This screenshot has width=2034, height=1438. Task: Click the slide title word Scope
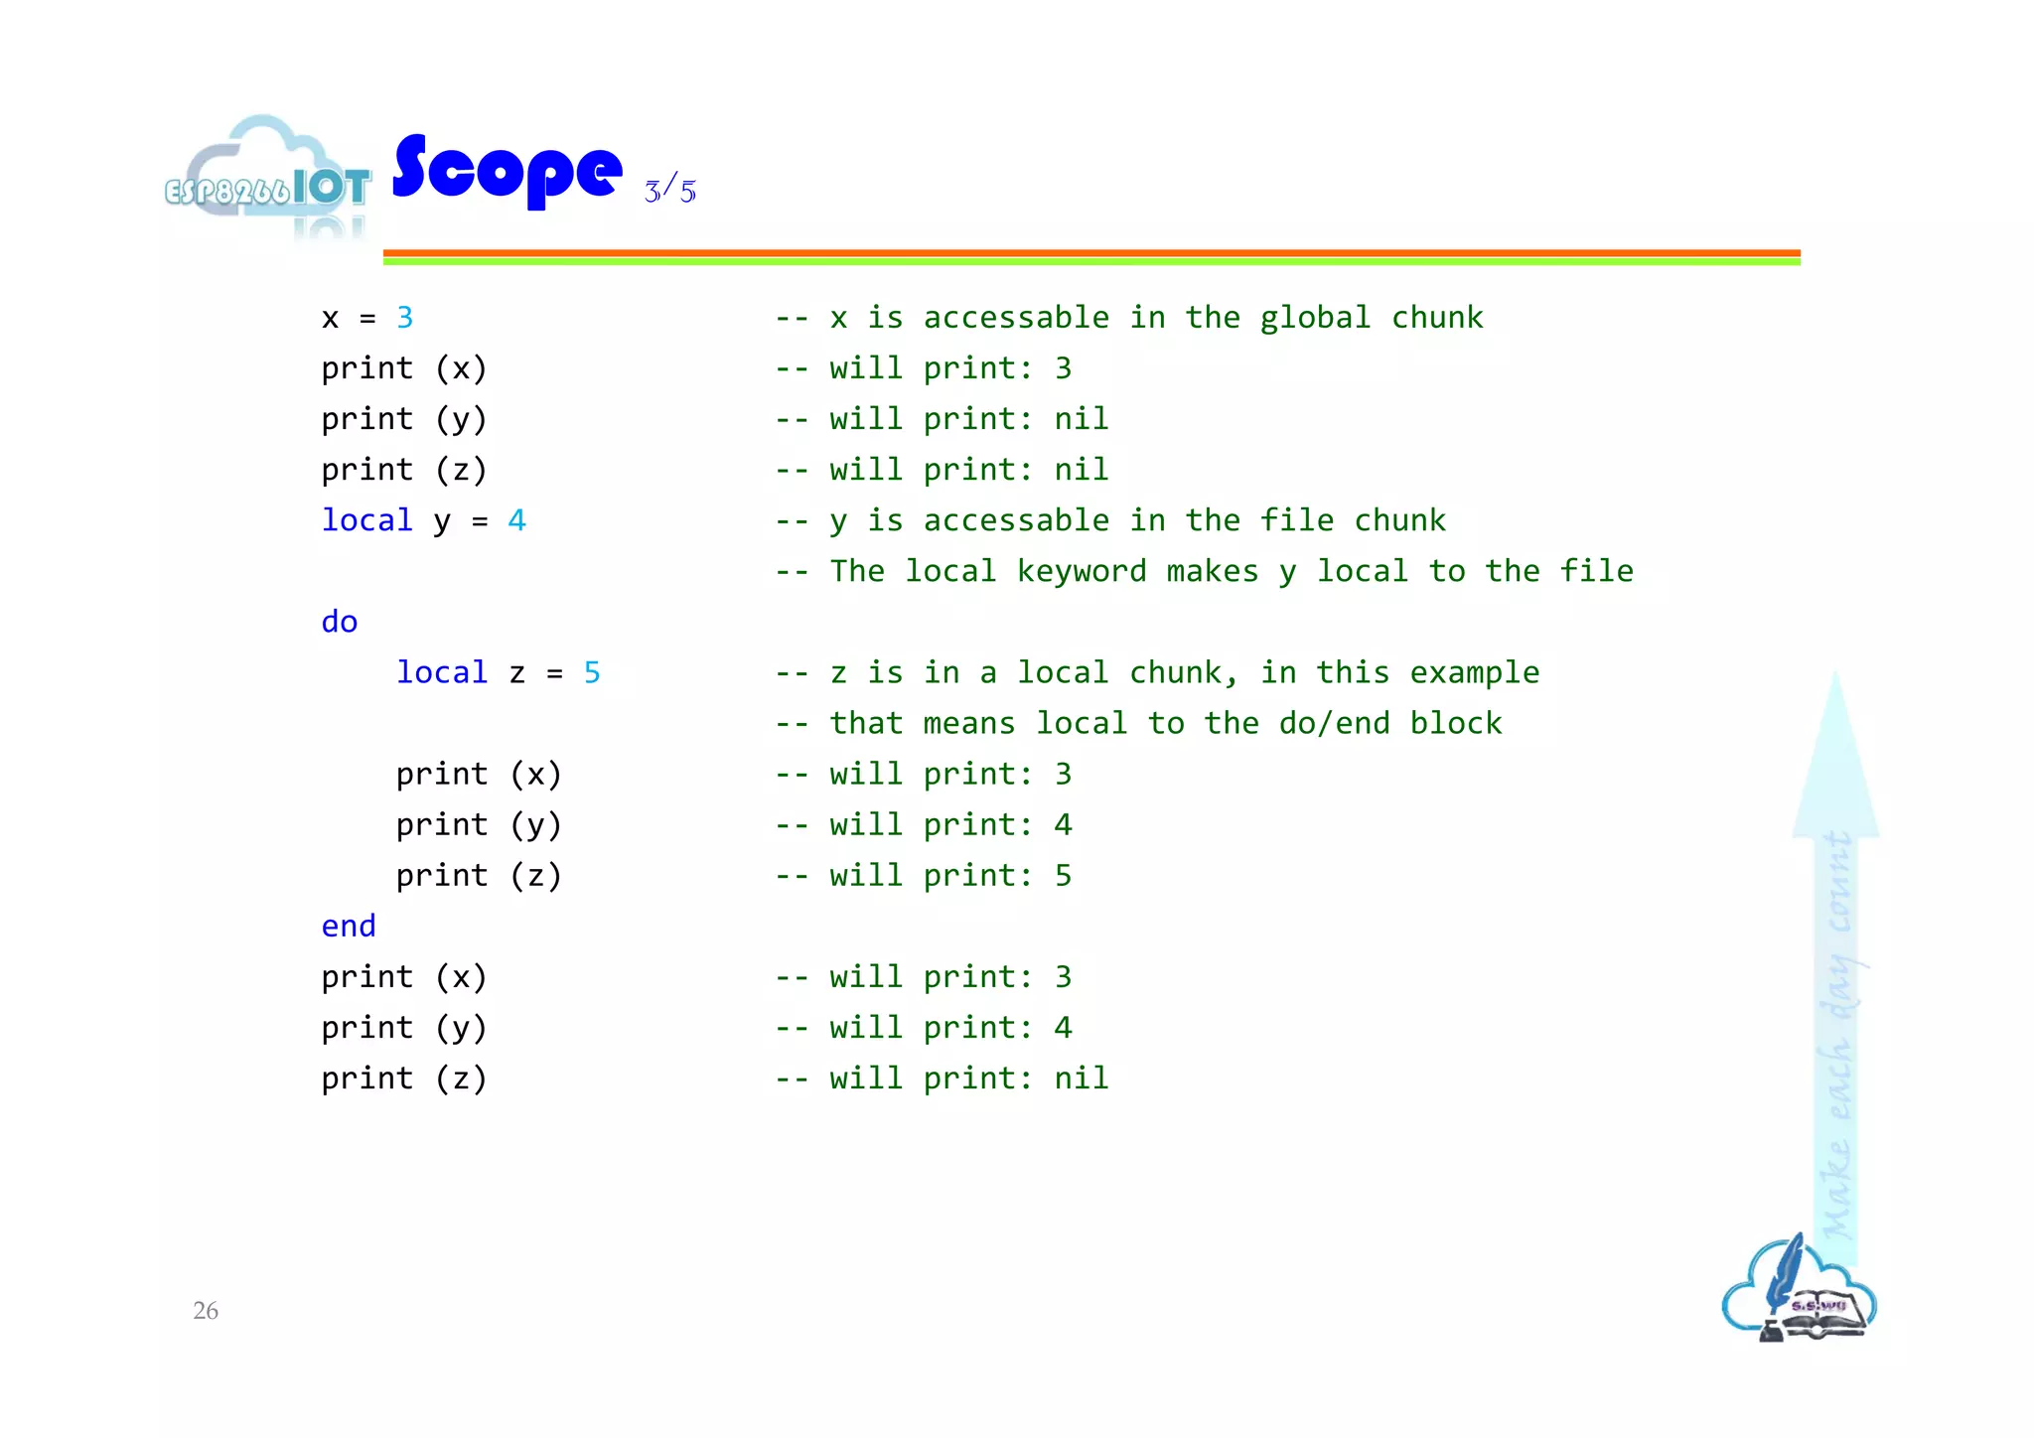pyautogui.click(x=508, y=171)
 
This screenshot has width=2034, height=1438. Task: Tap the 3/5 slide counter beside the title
pyautogui.click(x=670, y=188)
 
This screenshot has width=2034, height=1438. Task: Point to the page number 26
pyautogui.click(x=206, y=1310)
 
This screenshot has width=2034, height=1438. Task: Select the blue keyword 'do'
pyautogui.click(x=339, y=622)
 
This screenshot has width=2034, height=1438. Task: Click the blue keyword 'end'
pyautogui.click(x=349, y=927)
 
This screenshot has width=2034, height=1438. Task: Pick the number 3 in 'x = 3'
pyautogui.click(x=404, y=318)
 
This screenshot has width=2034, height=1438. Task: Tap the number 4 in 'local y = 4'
pyautogui.click(x=516, y=520)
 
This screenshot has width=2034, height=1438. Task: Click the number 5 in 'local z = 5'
pyautogui.click(x=592, y=672)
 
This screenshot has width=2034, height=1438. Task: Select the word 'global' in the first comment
pyautogui.click(x=1314, y=318)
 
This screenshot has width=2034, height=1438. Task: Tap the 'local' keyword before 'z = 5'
pyautogui.click(x=442, y=672)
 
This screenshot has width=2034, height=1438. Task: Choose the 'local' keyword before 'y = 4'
pyautogui.click(x=366, y=520)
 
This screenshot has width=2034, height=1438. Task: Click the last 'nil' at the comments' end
pyautogui.click(x=1081, y=1078)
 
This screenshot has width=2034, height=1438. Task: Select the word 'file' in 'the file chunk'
pyautogui.click(x=1296, y=520)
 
